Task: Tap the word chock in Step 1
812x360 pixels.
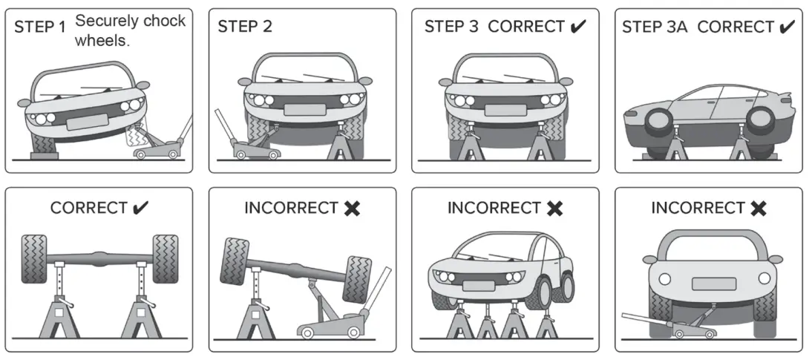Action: (160, 21)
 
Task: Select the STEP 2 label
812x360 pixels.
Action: (245, 27)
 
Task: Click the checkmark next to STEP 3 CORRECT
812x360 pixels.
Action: (578, 27)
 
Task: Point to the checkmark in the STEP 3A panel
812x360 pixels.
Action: (786, 27)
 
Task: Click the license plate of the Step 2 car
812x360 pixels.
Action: (304, 109)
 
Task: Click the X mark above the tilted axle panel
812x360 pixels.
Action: (352, 209)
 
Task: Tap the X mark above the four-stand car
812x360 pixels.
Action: (554, 209)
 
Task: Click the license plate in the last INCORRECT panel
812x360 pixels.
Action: (713, 284)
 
